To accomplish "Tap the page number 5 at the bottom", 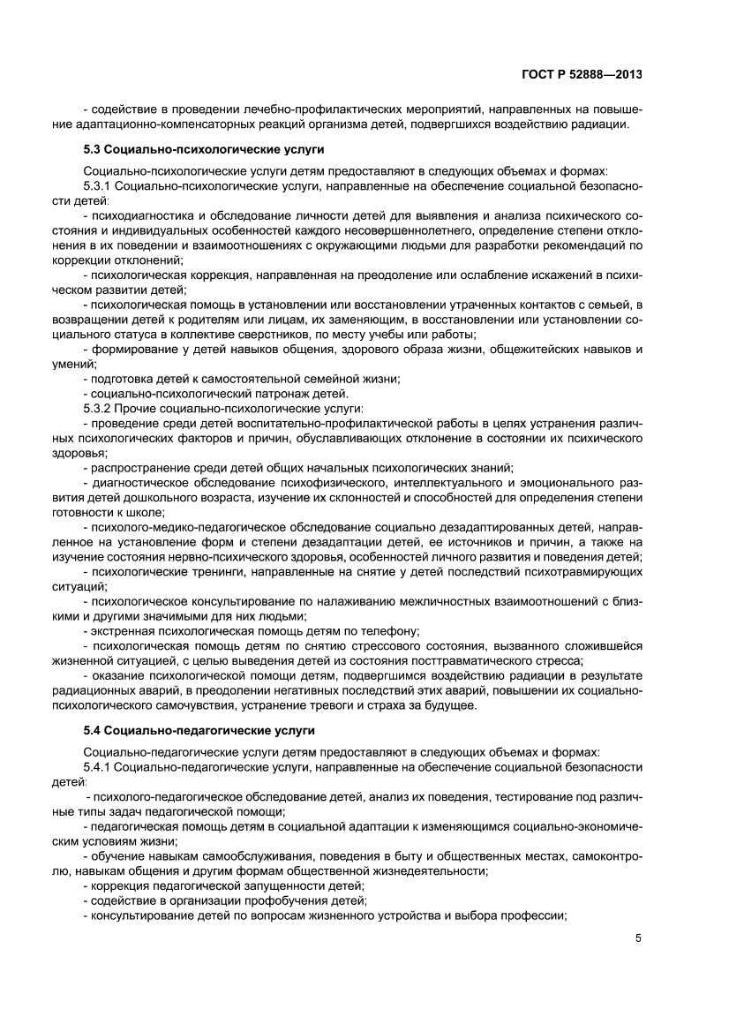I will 637,938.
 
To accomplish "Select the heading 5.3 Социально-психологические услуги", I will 203,150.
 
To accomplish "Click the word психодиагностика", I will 137,216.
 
